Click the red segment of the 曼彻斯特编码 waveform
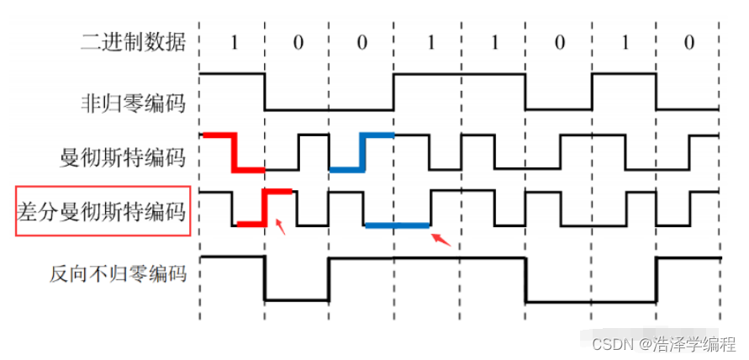point(234,151)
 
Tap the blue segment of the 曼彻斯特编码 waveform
point(362,151)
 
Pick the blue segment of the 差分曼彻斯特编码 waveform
point(398,225)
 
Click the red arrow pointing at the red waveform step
point(282,226)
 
